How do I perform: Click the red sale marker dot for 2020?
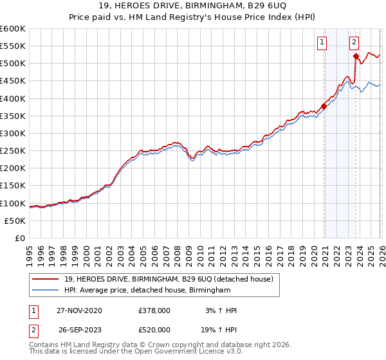tap(324, 107)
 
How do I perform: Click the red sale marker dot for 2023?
tap(356, 57)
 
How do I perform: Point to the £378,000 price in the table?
tap(154, 310)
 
